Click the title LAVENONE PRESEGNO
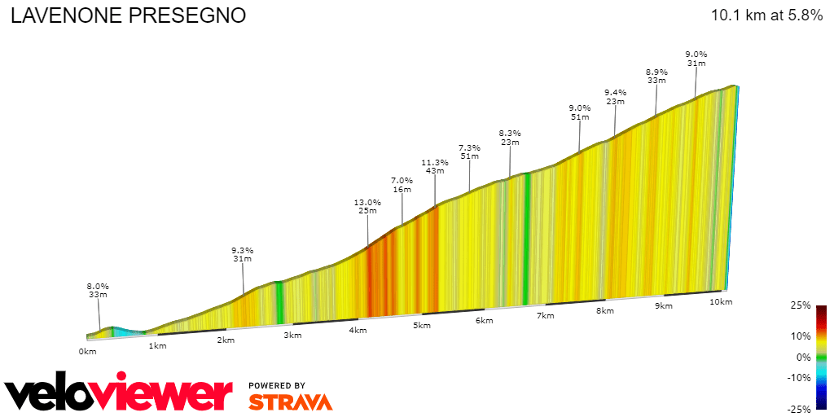point(128,16)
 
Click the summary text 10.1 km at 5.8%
point(766,15)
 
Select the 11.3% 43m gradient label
point(435,166)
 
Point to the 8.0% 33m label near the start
point(98,290)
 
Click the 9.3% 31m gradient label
point(242,254)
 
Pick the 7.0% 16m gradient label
point(402,185)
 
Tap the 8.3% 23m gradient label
point(510,137)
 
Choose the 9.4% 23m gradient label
point(615,96)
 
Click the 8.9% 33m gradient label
point(656,76)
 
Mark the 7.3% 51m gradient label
point(469,151)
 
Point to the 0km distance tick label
point(87,351)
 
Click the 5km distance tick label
point(421,326)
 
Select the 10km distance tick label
point(720,302)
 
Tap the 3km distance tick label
point(289,335)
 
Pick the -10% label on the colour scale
point(800,377)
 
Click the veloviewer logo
point(119,393)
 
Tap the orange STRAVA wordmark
point(290,402)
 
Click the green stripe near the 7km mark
point(527,236)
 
